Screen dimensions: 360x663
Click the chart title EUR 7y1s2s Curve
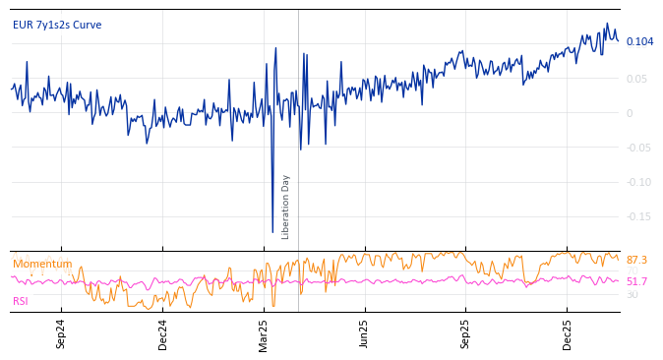[57, 25]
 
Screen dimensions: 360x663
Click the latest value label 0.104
[639, 41]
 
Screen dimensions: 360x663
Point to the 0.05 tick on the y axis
[636, 79]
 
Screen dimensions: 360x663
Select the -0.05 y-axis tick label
[638, 148]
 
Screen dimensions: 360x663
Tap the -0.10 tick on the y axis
[638, 182]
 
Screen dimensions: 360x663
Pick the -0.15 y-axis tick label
[638, 216]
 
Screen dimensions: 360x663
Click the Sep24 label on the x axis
[61, 334]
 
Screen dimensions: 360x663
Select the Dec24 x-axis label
[163, 334]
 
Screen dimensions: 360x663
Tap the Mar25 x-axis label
[264, 334]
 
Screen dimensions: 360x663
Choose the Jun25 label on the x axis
[365, 334]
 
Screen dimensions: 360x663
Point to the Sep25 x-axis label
[466, 334]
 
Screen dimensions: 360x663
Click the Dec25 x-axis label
[568, 334]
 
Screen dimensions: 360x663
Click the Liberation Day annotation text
[286, 207]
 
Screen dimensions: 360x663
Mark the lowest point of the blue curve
[272, 232]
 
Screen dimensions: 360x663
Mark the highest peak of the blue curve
[606, 24]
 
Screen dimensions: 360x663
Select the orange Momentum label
[42, 264]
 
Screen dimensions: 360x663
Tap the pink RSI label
[21, 301]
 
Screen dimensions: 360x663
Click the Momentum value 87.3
[636, 260]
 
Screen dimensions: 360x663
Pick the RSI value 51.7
[636, 281]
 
